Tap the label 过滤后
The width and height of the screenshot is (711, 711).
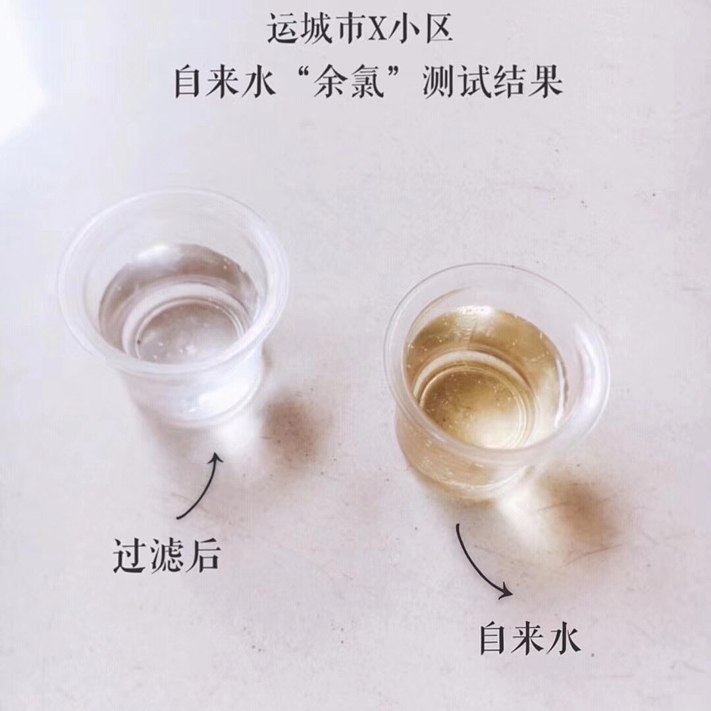coord(165,557)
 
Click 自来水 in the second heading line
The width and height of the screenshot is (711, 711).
coord(224,84)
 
